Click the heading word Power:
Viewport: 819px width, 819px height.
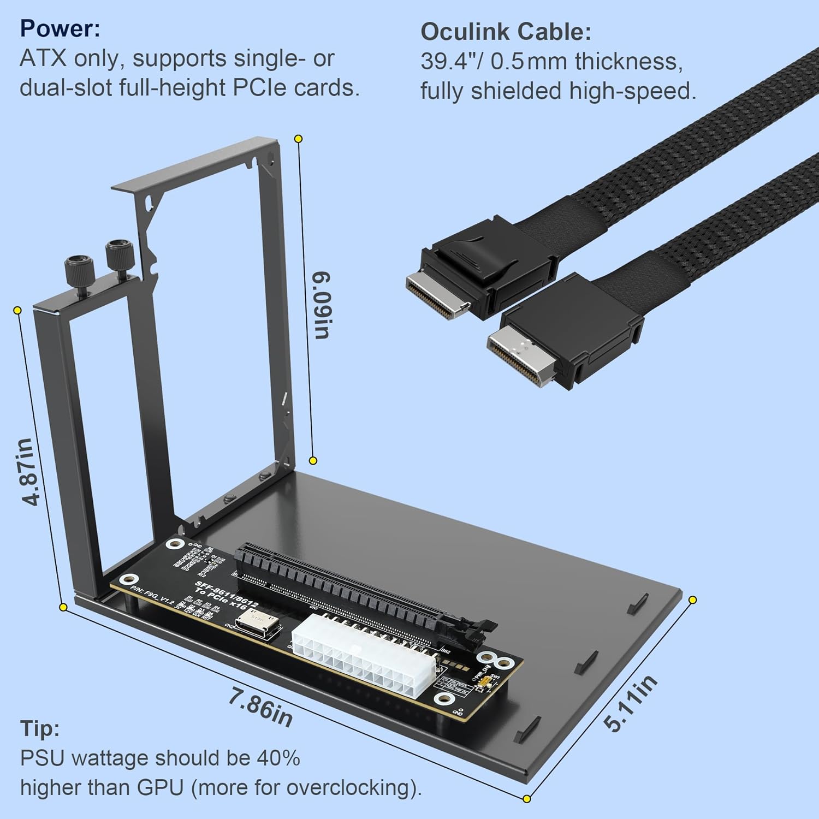pyautogui.click(x=60, y=28)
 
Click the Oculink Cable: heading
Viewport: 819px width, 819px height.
pyautogui.click(x=506, y=32)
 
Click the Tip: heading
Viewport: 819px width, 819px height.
pyautogui.click(x=40, y=729)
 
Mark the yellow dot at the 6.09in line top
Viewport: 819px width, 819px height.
pyautogui.click(x=298, y=139)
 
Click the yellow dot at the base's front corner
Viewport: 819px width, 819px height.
pyautogui.click(x=526, y=799)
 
